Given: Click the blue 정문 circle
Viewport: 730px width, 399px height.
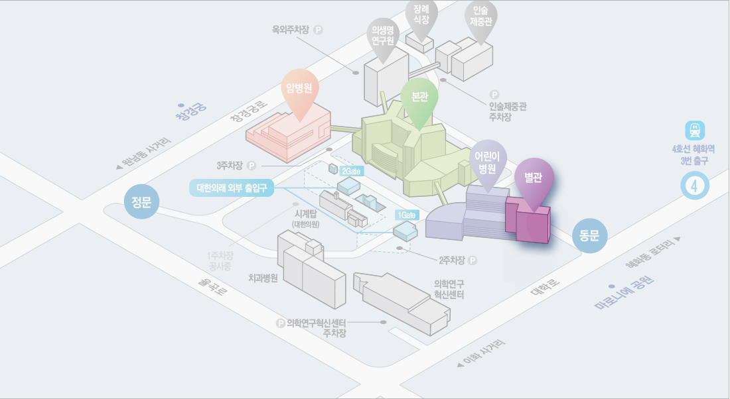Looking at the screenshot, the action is click(x=141, y=202).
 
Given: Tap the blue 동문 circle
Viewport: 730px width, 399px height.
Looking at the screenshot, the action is click(x=589, y=235).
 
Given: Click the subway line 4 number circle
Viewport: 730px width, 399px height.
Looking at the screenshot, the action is click(x=695, y=186).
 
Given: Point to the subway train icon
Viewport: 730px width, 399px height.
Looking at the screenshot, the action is click(x=695, y=131).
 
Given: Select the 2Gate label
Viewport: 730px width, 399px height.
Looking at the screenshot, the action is click(x=352, y=171).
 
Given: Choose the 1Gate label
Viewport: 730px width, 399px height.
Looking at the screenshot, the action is click(x=407, y=215).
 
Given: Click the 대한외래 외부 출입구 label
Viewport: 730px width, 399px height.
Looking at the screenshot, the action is click(x=232, y=188).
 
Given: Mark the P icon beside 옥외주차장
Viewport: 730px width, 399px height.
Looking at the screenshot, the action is click(x=318, y=30).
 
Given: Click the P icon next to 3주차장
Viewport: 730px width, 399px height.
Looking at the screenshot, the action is click(x=252, y=166).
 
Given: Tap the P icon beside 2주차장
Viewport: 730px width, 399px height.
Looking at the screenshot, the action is click(x=473, y=260).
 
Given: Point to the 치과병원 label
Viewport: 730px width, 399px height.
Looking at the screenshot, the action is click(x=263, y=278).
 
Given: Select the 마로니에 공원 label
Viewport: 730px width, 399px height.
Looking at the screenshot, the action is click(x=624, y=293).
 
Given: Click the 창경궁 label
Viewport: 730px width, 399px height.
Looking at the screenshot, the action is click(x=191, y=111).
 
